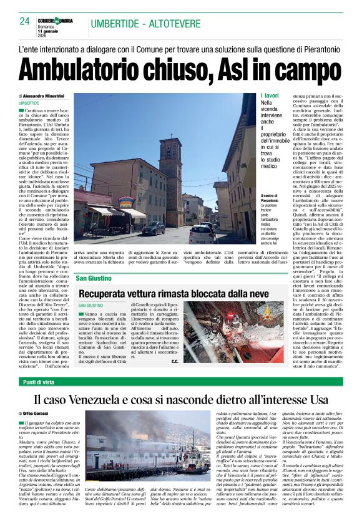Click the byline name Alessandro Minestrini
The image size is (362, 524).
(x=47, y=96)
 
